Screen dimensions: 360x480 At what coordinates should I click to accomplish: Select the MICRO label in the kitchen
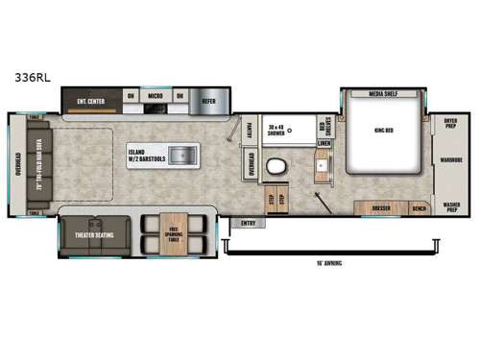156,96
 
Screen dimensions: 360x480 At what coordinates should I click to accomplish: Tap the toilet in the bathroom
276,167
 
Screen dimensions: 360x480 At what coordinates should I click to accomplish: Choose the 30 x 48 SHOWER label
278,129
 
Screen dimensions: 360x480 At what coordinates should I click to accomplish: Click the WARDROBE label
452,160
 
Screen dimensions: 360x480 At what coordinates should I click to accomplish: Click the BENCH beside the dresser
418,208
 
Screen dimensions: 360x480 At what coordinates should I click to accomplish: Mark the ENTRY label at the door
248,223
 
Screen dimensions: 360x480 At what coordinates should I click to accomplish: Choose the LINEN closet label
324,143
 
